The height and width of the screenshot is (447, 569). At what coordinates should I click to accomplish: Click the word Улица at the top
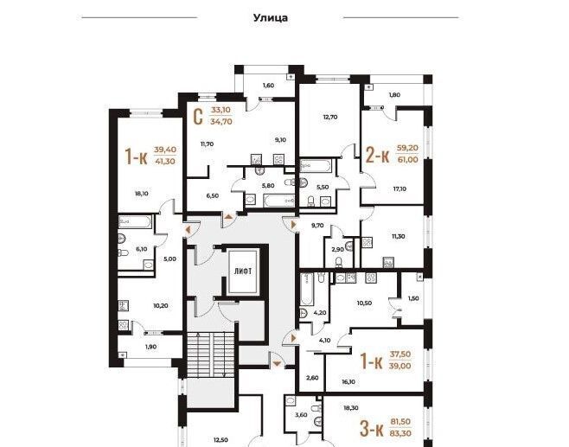[x=271, y=18]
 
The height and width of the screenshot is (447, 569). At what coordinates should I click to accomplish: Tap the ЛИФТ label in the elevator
[x=243, y=271]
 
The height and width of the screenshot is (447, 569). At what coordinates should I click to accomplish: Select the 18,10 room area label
[x=141, y=194]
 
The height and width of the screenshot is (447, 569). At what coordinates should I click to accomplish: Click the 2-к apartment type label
[x=377, y=156]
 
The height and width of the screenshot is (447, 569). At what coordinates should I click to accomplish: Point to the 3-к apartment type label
[x=372, y=429]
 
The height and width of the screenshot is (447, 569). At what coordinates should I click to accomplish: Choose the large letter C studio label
[x=198, y=117]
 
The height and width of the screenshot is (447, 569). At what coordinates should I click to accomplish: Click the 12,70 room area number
[x=330, y=118]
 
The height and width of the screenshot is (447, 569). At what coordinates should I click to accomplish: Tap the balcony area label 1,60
[x=268, y=86]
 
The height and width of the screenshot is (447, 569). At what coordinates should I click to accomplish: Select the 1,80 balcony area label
[x=394, y=95]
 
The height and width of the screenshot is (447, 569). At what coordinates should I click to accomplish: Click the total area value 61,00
[x=408, y=160]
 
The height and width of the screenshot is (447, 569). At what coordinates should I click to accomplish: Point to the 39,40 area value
[x=165, y=150]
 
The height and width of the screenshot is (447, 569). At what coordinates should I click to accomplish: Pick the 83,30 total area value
[x=400, y=433]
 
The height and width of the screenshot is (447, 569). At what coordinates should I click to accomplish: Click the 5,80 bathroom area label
[x=268, y=186]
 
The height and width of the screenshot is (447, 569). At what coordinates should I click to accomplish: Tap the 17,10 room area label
[x=400, y=189]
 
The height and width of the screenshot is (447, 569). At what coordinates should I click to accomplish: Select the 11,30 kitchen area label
[x=399, y=237]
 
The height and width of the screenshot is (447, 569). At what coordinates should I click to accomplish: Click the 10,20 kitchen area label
[x=160, y=306]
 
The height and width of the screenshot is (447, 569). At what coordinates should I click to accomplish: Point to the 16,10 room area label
[x=348, y=381]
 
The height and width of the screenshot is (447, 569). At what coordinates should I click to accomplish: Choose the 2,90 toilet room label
[x=337, y=250]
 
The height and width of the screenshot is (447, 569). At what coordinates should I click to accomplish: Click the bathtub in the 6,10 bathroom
[x=134, y=221]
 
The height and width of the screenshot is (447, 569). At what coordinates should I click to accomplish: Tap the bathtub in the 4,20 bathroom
[x=307, y=289]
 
